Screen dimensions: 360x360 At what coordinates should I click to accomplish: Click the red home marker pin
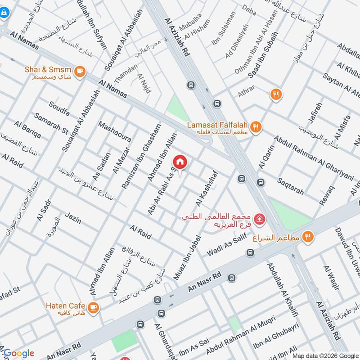[x=180, y=162]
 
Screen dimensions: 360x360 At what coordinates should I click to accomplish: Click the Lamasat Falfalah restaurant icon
[x=256, y=126]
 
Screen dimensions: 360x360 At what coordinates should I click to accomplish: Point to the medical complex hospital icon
[x=259, y=219]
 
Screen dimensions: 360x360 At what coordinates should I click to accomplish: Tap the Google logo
[x=18, y=353]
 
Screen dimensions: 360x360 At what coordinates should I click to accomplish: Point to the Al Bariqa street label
[x=27, y=130]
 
